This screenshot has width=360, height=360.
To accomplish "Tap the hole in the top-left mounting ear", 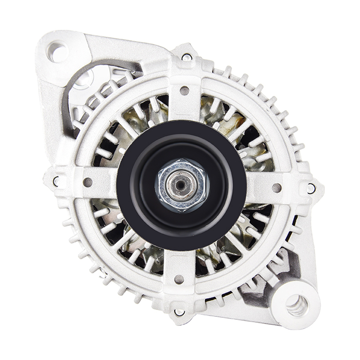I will [x=58, y=51].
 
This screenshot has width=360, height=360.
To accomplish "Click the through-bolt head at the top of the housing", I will [x=187, y=57].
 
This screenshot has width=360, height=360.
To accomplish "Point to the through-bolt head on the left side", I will [x=56, y=181].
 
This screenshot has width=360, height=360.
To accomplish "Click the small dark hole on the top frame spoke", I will [x=184, y=90].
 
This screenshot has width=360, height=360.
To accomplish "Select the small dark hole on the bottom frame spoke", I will [x=179, y=279].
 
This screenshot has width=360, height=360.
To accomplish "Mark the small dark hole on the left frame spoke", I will [x=88, y=182].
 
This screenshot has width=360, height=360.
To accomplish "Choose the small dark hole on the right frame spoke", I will [x=277, y=187].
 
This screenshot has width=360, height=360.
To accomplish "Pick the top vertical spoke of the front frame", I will [x=184, y=100].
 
